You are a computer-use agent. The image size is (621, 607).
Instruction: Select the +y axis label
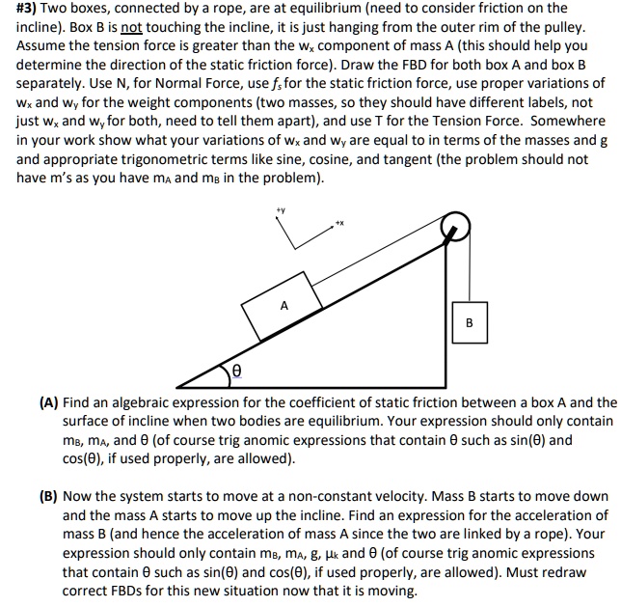281,208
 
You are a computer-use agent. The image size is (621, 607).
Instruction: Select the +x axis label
339,223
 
